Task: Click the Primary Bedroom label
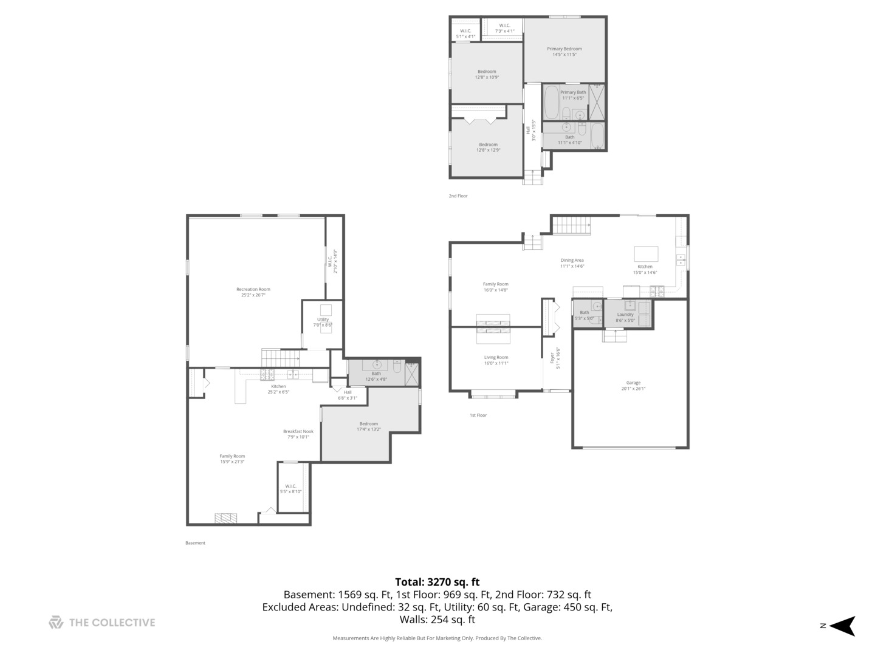pos(564,49)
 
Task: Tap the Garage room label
pos(633,383)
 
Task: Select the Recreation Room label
pos(253,289)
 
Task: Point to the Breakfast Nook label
pos(298,431)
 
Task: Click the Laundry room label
pos(625,315)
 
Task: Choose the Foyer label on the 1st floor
pos(553,358)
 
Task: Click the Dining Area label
pos(572,260)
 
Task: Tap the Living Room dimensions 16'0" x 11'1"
pos(496,363)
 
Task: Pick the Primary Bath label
pos(572,92)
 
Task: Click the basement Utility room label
pos(323,319)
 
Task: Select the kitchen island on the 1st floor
pos(646,253)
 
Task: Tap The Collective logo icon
pos(56,622)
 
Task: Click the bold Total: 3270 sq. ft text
pos(437,582)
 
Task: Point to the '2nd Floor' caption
pos(458,196)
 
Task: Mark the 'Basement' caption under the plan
pos(195,543)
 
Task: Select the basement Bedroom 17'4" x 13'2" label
pos(368,426)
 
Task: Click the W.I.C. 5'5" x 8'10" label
pos(290,488)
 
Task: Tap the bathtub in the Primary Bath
pos(552,101)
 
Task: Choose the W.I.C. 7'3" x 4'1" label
pos(504,28)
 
